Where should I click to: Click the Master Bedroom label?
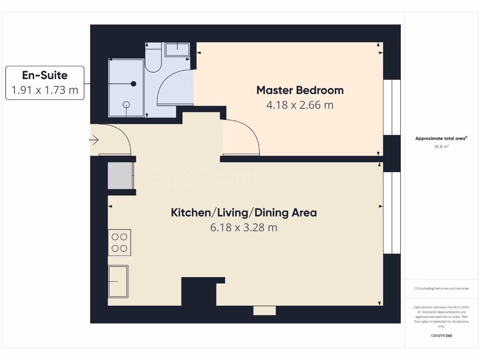[x=300, y=90]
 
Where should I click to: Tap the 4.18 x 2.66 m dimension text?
[x=300, y=105]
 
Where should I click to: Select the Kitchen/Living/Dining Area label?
[x=244, y=213]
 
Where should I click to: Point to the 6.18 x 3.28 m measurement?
[x=244, y=228]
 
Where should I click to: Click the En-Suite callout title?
[x=45, y=75]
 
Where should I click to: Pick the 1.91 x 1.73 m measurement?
[x=45, y=90]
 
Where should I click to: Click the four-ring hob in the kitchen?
[x=120, y=242]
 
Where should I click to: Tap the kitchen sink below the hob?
[x=118, y=281]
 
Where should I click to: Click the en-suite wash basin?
[x=177, y=49]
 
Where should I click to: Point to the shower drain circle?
[x=126, y=105]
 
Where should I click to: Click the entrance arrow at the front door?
[x=94, y=140]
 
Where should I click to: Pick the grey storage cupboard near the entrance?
[x=120, y=175]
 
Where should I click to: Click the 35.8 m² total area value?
[x=442, y=146]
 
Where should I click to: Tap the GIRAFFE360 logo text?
[x=441, y=336]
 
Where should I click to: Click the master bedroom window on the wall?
[x=392, y=108]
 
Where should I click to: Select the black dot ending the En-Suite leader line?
[x=134, y=83]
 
